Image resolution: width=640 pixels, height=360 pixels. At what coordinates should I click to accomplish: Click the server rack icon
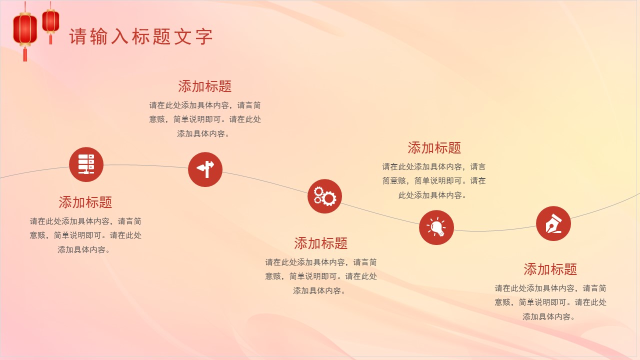[x=86, y=164]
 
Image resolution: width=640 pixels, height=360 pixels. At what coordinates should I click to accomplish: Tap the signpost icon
[x=205, y=169]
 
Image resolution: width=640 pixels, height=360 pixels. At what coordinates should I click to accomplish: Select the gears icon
[x=324, y=196]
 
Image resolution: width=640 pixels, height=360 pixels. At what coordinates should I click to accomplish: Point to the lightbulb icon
[x=436, y=227]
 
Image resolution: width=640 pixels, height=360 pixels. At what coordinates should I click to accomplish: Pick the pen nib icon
[x=553, y=223]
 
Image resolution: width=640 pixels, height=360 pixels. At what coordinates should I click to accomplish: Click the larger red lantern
[x=25, y=29]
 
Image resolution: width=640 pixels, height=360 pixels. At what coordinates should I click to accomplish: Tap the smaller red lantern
[x=50, y=21]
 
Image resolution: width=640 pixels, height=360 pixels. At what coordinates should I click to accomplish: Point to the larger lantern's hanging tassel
[x=25, y=54]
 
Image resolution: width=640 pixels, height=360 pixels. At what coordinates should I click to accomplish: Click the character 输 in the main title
[x=99, y=37]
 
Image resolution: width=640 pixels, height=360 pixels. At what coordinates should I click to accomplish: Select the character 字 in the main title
[x=204, y=37]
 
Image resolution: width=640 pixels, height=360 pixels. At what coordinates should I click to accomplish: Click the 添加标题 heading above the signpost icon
[x=205, y=86]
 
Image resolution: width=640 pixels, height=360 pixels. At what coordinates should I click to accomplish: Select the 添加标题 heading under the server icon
[x=85, y=202]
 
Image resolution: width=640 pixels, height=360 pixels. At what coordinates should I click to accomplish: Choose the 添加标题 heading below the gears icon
[x=320, y=243]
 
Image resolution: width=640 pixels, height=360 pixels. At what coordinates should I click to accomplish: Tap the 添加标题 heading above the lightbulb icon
[x=434, y=148]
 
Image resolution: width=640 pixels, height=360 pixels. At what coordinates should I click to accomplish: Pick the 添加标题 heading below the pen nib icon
[x=550, y=269]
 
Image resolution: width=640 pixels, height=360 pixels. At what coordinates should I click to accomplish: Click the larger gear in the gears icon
[x=328, y=198]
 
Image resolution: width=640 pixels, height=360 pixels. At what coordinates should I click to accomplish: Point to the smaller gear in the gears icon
[x=318, y=192]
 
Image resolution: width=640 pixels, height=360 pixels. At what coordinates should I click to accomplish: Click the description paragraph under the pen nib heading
[x=550, y=302]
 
